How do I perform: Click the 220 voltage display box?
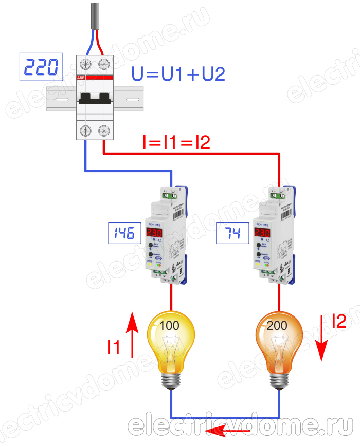(x=41, y=66)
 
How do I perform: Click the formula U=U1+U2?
(x=178, y=74)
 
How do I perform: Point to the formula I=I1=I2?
(x=176, y=143)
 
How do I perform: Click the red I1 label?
(x=114, y=348)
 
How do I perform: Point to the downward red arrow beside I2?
(x=322, y=337)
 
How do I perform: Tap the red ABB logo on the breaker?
(x=81, y=77)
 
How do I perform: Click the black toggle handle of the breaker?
(x=94, y=98)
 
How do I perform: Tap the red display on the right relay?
(x=263, y=233)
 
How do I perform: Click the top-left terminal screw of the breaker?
(x=85, y=64)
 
